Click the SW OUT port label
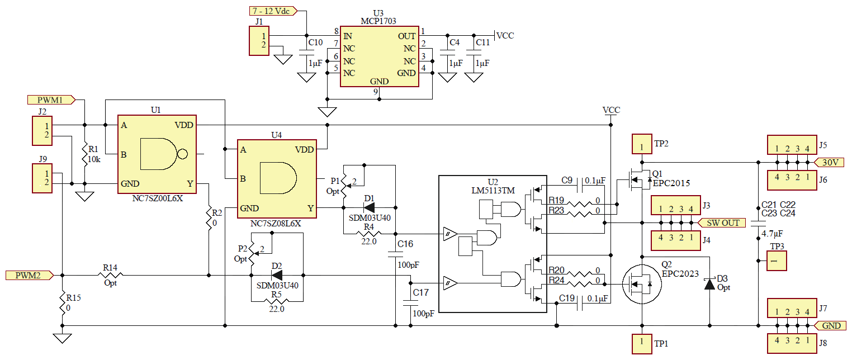pyautogui.click(x=722, y=222)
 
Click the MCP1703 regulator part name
pyautogui.click(x=378, y=21)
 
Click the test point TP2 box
pyautogui.click(x=642, y=144)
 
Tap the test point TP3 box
pyautogui.click(x=776, y=261)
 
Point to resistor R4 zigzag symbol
pyautogui.click(x=368, y=233)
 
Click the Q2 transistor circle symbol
pyautogui.click(x=642, y=285)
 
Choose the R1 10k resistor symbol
pyautogui.click(x=84, y=154)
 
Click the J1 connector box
pyautogui.click(x=259, y=42)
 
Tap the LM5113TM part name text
pyautogui.click(x=492, y=191)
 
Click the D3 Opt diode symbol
pyautogui.click(x=709, y=284)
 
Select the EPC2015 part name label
pyautogui.click(x=671, y=183)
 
